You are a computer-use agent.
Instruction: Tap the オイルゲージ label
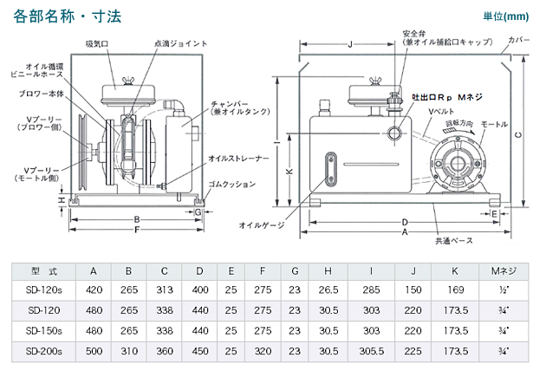263,224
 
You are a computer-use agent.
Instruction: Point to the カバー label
520,41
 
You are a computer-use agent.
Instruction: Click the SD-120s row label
43,290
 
